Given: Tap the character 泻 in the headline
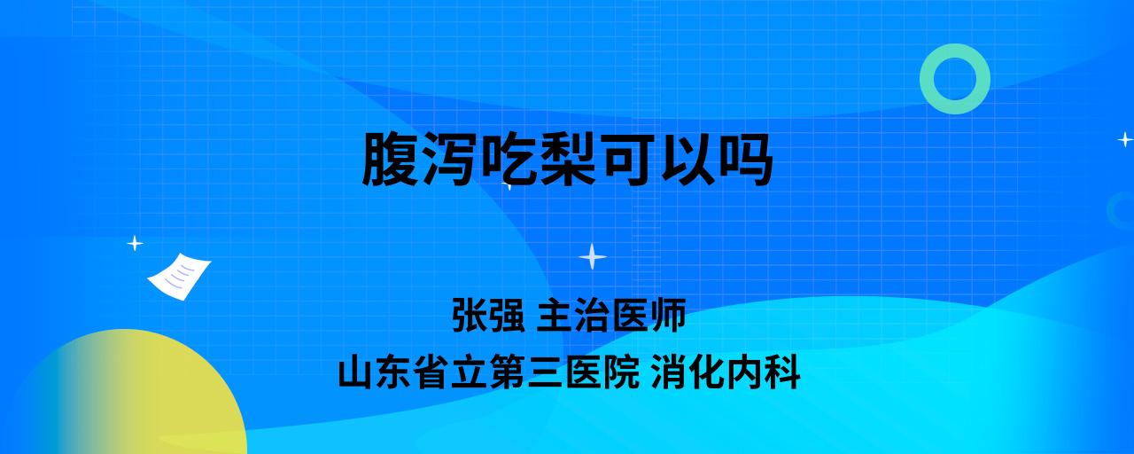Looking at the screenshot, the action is click(x=448, y=159).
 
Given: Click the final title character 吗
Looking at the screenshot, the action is click(x=745, y=159).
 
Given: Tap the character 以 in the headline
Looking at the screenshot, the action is click(x=687, y=159).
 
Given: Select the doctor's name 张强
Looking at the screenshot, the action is click(x=488, y=315).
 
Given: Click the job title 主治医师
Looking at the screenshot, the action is click(x=611, y=315).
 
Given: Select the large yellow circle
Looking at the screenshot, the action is click(x=132, y=395).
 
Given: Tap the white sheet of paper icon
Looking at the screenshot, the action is click(x=179, y=277).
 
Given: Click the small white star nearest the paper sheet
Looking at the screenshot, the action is click(x=135, y=244).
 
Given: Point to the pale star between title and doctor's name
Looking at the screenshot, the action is click(x=593, y=256).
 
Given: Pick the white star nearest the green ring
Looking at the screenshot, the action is click(x=1125, y=139).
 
